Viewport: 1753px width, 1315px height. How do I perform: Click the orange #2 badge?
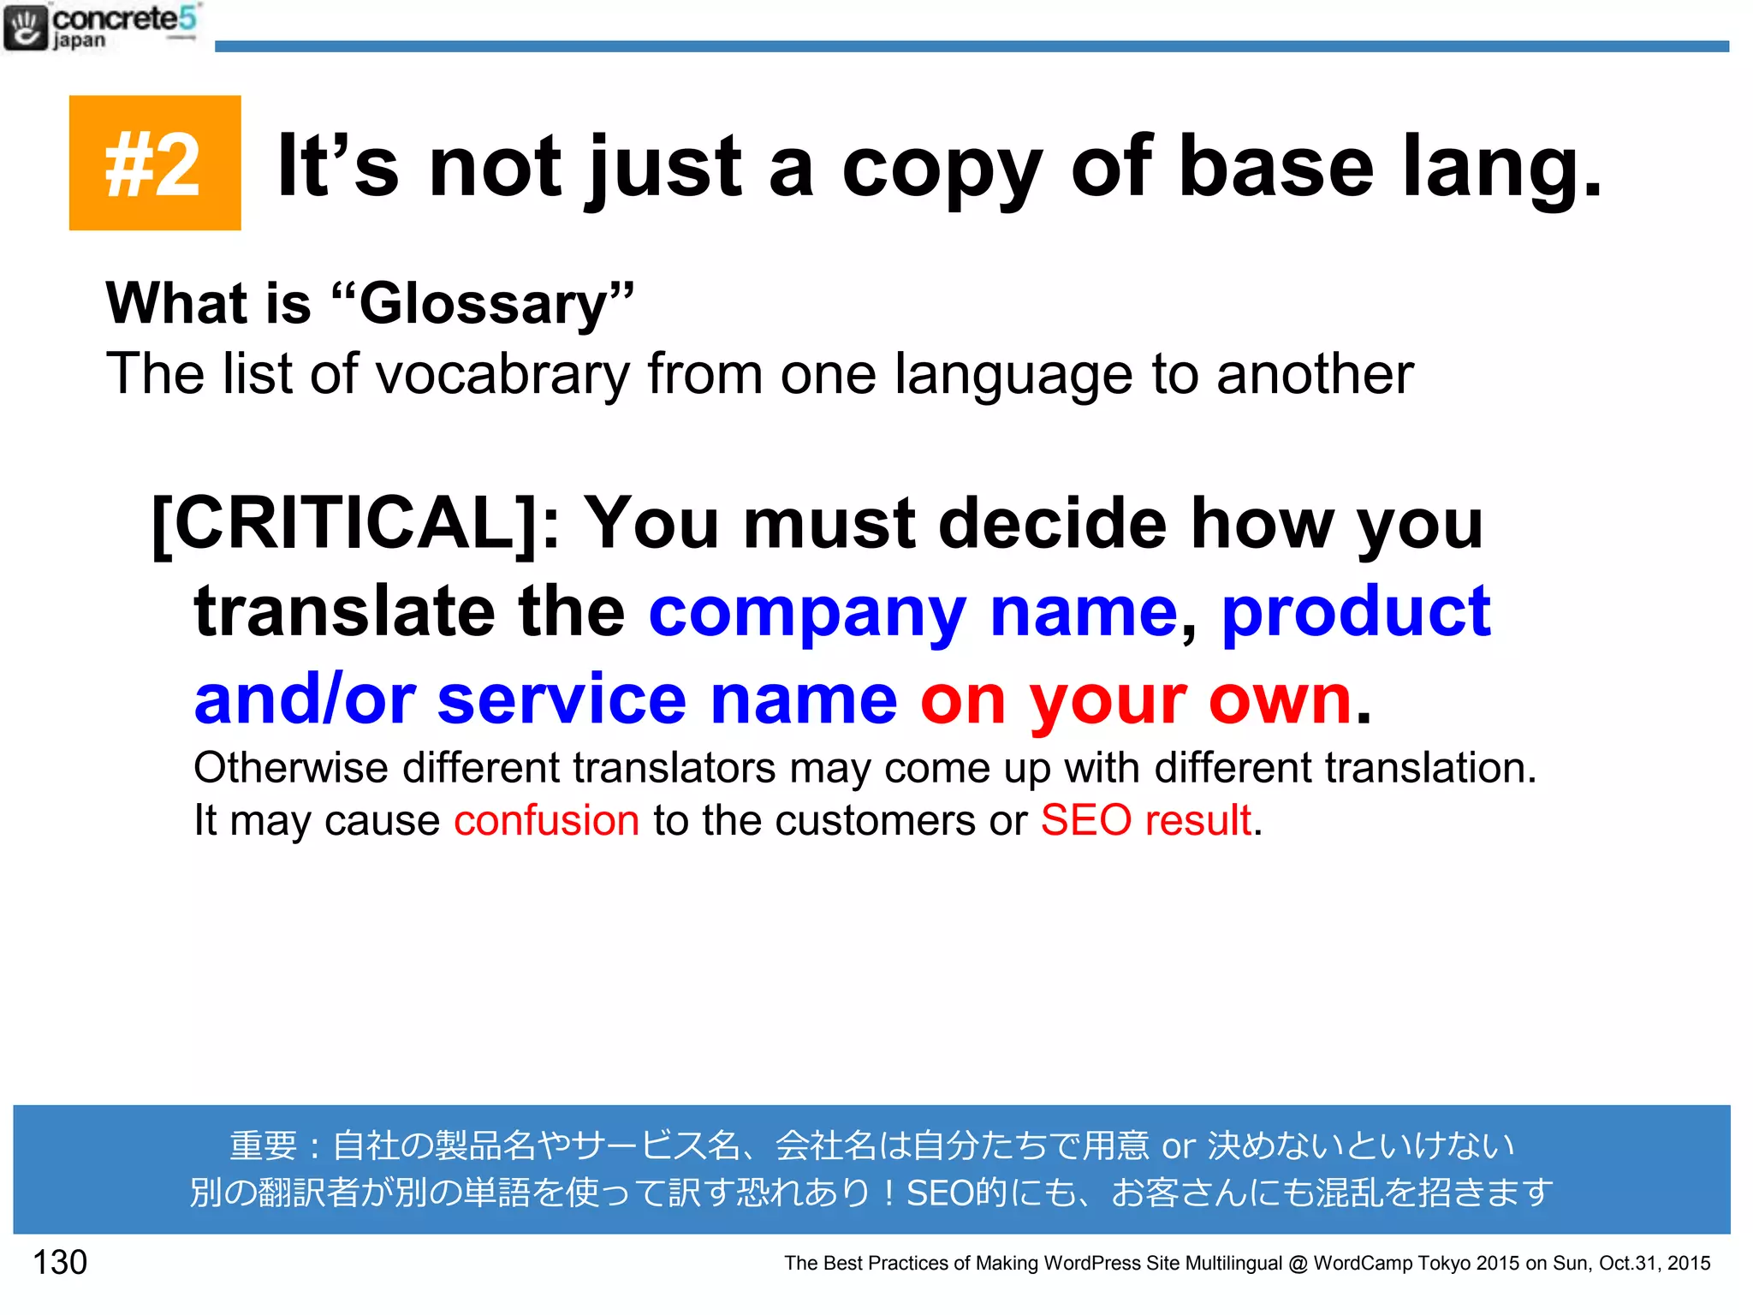tap(154, 163)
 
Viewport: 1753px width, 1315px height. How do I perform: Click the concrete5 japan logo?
tap(101, 27)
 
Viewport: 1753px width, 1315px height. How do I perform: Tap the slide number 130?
tap(60, 1262)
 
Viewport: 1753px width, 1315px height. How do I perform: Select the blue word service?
tap(562, 699)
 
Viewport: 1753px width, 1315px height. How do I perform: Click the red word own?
tap(1280, 700)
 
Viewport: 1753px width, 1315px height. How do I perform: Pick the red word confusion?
tap(546, 820)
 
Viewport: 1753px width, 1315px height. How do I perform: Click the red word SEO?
tap(1086, 820)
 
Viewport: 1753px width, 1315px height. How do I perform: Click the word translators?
tap(674, 767)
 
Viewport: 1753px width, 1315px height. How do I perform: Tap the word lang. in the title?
tap(1501, 167)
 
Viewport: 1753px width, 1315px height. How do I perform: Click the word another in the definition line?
tap(1315, 374)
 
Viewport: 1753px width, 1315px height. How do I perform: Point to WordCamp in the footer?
tap(1361, 1263)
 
